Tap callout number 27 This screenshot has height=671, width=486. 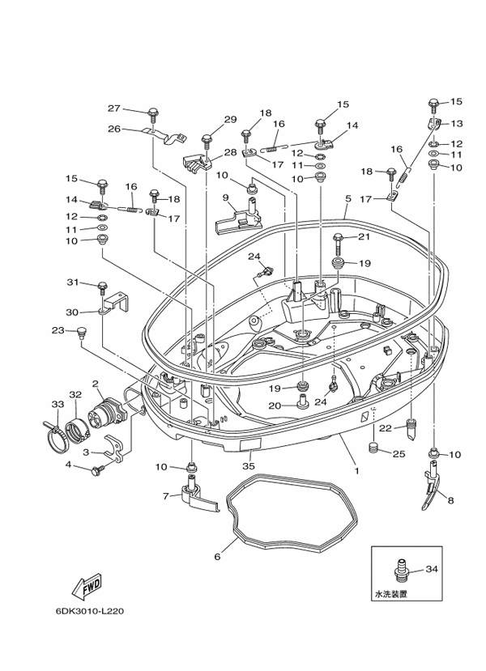[x=114, y=108]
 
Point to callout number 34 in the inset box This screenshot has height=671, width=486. [x=431, y=570]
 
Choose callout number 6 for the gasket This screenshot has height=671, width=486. [x=217, y=557]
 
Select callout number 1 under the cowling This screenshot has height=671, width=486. [x=354, y=469]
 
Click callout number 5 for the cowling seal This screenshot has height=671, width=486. [x=347, y=198]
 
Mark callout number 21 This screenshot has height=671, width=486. [x=363, y=236]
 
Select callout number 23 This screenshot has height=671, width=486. [x=58, y=329]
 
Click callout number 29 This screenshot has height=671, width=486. [x=231, y=120]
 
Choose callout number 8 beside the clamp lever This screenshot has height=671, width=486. [x=450, y=501]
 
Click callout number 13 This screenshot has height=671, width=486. [x=456, y=124]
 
